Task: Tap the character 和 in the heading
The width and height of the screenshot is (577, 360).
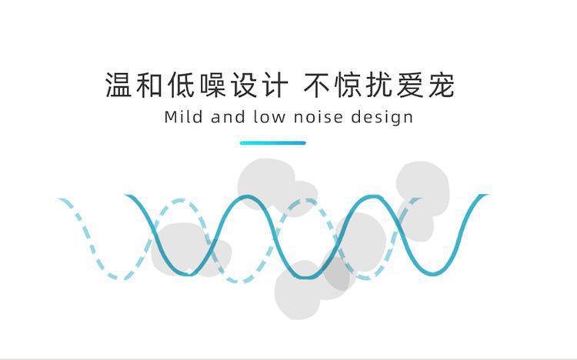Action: point(149,85)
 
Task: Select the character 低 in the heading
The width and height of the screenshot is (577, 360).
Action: point(181,85)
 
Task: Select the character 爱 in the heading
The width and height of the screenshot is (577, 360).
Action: point(411,85)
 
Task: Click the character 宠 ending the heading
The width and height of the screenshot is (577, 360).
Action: point(442,85)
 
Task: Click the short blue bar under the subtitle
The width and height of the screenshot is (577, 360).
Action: point(273,142)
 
